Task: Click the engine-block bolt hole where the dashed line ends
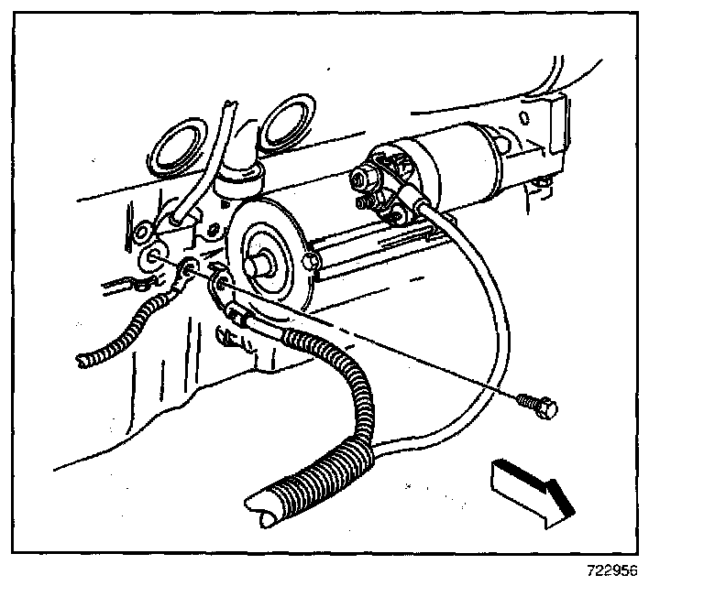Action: tap(155, 255)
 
